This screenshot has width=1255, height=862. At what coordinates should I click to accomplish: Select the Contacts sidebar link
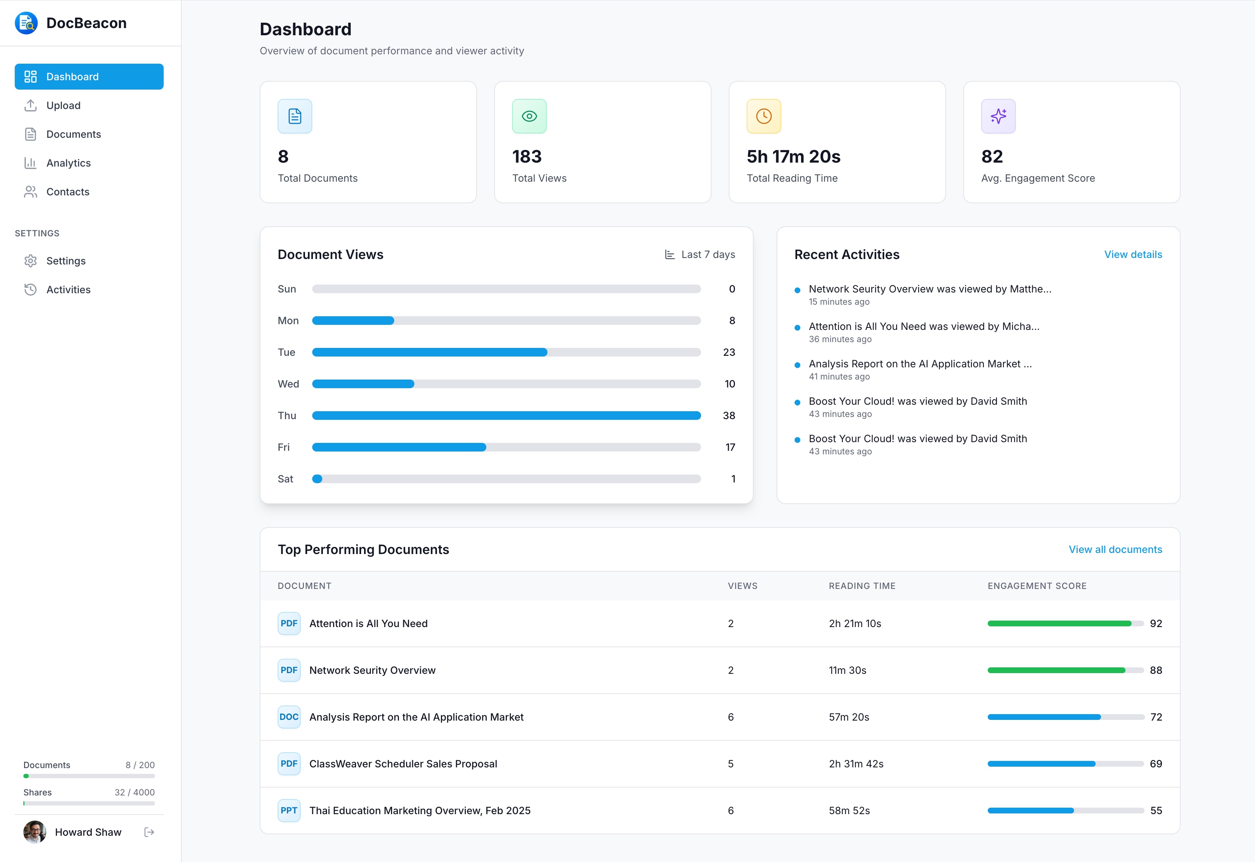tap(68, 192)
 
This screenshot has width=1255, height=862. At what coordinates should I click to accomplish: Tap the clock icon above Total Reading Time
tap(764, 116)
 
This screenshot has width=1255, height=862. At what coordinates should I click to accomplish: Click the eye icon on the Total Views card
tap(529, 116)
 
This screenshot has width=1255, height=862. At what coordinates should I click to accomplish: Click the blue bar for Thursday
tap(506, 415)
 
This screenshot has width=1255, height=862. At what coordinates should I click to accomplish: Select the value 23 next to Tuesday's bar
tap(728, 352)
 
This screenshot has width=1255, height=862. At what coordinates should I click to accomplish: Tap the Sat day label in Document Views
tap(285, 479)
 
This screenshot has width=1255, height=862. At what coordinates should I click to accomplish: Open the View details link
tap(1132, 254)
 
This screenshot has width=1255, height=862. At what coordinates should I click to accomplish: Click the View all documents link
tap(1115, 549)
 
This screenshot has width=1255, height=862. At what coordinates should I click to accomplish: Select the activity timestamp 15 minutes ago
tap(839, 302)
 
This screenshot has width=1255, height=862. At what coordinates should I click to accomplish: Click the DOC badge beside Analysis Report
tap(289, 717)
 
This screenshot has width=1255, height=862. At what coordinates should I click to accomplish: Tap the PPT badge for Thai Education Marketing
tap(289, 810)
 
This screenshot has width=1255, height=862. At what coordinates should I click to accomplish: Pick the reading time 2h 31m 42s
tap(856, 764)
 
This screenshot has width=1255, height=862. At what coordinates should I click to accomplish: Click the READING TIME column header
tap(862, 586)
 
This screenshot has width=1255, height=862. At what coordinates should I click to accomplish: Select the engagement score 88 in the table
tap(1156, 670)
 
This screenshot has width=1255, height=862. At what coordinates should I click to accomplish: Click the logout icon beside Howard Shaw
tap(150, 832)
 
